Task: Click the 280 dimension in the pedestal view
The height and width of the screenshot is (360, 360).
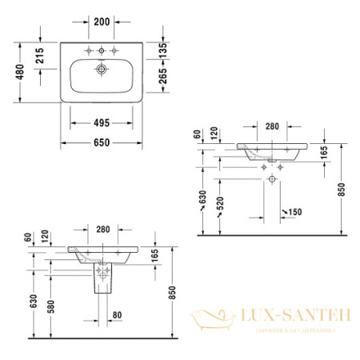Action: [102, 230]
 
